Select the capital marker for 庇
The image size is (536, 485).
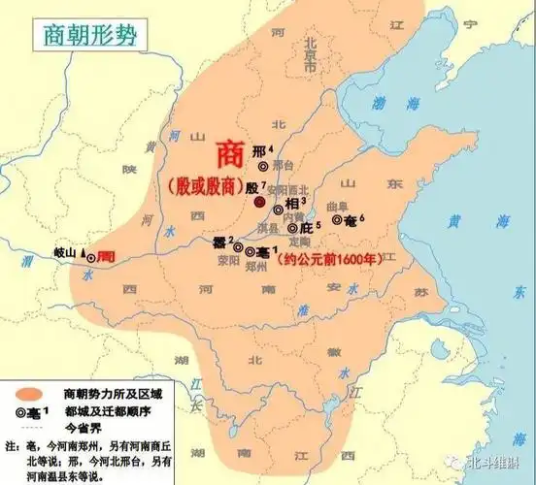293,229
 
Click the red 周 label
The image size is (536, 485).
107,250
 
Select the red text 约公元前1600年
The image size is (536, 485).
331,259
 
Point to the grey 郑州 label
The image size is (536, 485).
250,267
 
